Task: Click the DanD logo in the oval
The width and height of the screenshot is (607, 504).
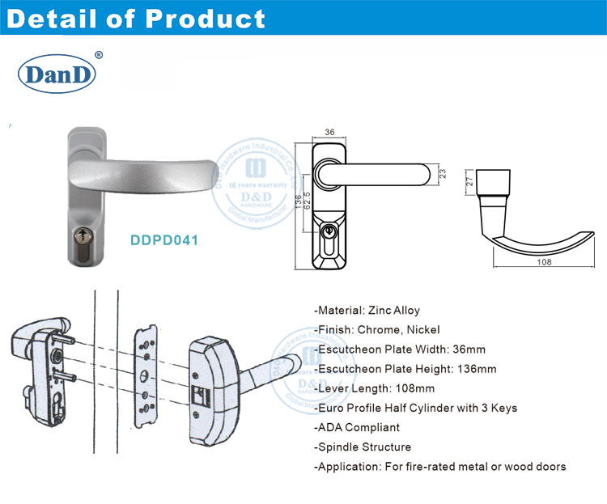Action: [x=57, y=75]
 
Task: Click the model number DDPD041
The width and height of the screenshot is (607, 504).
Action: [x=165, y=240]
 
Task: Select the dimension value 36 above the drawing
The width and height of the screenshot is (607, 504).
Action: [x=329, y=133]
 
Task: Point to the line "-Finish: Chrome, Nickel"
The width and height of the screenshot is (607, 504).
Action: [x=376, y=330]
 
